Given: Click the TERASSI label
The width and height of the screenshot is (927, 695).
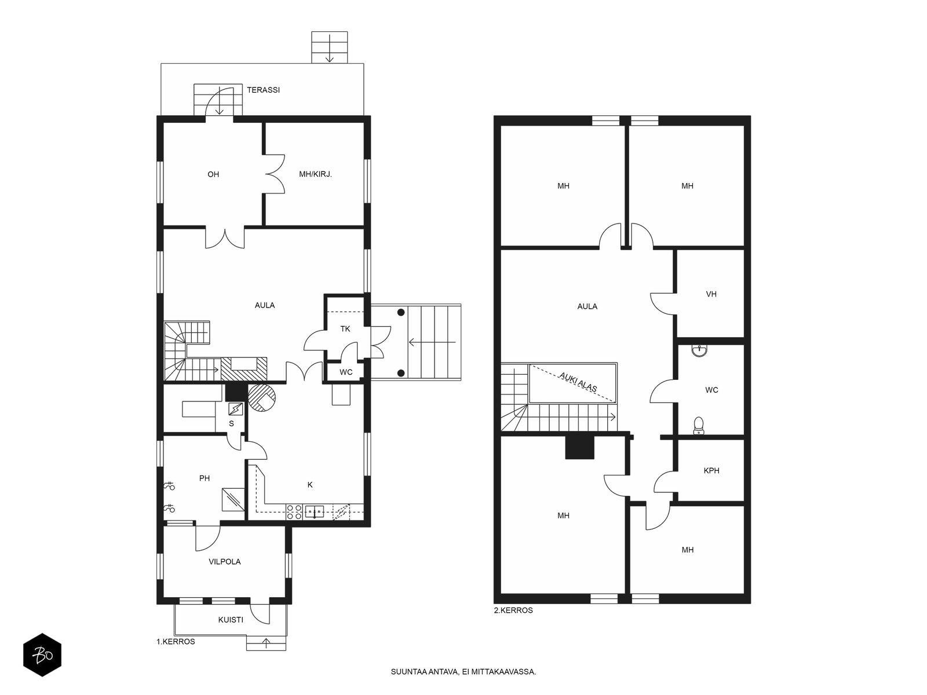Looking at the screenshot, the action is (263, 90).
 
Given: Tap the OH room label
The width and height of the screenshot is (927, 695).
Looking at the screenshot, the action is (213, 174).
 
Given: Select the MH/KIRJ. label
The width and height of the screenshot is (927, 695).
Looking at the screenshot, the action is (316, 174).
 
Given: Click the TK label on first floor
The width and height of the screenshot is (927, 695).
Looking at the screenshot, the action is (345, 329).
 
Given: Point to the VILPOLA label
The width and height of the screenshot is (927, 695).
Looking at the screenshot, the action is (225, 562).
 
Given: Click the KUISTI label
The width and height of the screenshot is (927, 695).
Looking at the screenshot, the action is (231, 620).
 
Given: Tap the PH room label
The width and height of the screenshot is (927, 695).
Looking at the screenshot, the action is (205, 478).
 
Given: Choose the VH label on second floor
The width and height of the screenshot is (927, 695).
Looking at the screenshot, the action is (711, 294).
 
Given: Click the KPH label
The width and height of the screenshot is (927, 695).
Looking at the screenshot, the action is (711, 470).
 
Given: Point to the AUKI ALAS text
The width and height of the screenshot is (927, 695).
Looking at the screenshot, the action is (578, 382).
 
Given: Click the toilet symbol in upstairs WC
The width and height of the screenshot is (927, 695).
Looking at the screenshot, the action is (699, 426).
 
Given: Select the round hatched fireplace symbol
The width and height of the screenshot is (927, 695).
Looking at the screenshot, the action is (262, 397).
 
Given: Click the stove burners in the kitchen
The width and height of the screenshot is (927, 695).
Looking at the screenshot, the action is (294, 512).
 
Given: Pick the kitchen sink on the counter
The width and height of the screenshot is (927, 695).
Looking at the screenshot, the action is (315, 511).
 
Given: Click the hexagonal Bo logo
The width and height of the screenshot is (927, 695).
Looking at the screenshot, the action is (42, 655).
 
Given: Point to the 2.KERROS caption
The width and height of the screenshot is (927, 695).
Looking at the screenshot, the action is (513, 610).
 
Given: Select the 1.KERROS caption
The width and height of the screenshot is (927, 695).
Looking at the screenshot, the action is (176, 642).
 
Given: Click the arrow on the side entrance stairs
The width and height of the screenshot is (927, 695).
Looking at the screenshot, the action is (432, 342).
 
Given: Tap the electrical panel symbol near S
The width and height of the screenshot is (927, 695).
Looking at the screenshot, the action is (235, 409).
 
